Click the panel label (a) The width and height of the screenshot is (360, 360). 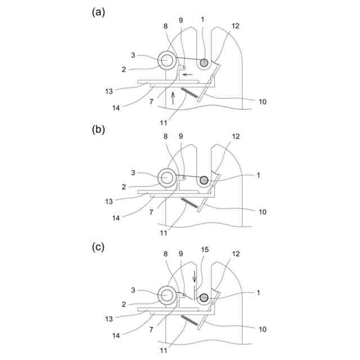click(x=99, y=12)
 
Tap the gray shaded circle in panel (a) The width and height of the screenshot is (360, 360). click(x=204, y=62)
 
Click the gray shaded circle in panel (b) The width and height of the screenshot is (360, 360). click(x=204, y=180)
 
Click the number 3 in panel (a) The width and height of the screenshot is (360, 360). click(x=133, y=55)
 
